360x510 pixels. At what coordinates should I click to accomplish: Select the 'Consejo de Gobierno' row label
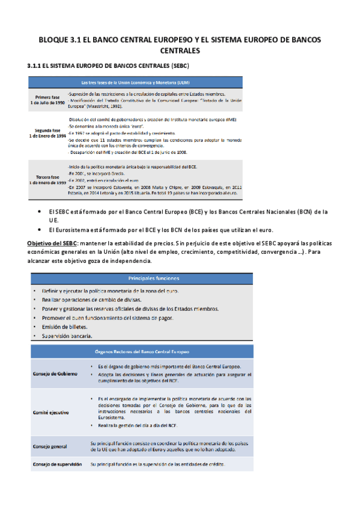point(55,374)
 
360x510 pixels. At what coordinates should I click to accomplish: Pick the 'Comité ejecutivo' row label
point(50,413)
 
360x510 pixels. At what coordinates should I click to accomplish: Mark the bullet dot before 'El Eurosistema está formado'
point(39,230)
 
